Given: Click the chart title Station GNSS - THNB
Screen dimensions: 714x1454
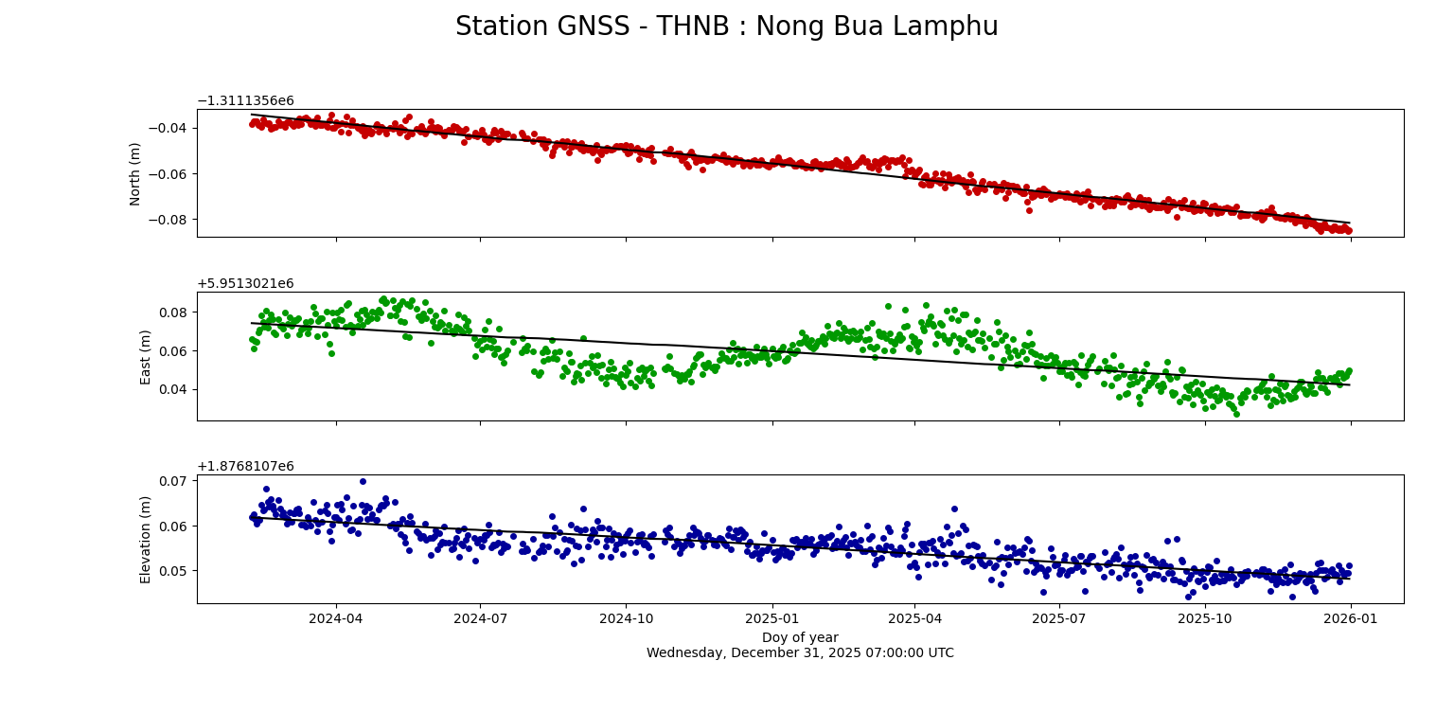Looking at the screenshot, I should tap(726, 27).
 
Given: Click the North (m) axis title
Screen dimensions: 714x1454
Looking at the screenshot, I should tap(135, 173).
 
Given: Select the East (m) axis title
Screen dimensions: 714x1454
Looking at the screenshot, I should tap(146, 356).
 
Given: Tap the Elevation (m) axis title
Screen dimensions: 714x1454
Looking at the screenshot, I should tap(146, 539).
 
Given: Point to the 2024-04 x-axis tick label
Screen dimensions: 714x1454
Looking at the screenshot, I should tap(336, 619).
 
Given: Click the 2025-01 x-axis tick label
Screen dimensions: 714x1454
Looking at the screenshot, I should tap(771, 619).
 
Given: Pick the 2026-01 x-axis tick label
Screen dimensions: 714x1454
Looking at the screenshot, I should tap(1351, 619).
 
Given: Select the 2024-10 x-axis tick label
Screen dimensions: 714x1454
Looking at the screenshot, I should tap(626, 619).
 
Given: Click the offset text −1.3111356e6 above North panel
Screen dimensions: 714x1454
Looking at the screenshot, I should tap(245, 100).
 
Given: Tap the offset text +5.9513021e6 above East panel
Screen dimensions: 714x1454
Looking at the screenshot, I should tap(245, 283).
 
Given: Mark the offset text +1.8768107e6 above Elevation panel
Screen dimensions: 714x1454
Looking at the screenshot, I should tap(245, 466).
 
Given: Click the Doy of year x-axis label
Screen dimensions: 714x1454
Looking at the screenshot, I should tap(800, 637).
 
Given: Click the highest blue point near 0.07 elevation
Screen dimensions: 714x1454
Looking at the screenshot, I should tap(363, 481).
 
